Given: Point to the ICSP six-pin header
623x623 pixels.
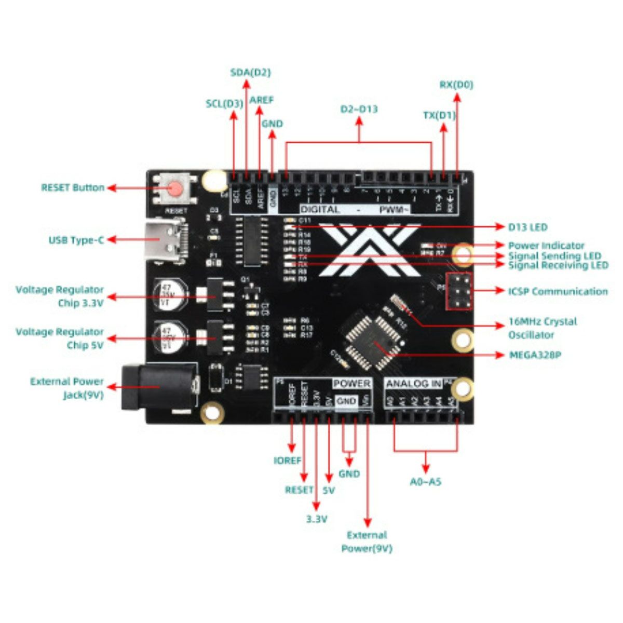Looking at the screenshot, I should click(x=459, y=291).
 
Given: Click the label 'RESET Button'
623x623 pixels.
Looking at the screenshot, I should click(x=73, y=187).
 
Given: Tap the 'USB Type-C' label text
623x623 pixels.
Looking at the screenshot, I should click(x=76, y=240).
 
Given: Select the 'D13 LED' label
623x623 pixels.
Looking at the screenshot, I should click(x=527, y=227).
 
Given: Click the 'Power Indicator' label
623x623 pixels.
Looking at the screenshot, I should click(x=546, y=245).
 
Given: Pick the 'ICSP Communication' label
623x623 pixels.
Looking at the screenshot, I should click(x=558, y=291).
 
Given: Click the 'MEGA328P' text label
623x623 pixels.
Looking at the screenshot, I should click(x=535, y=355).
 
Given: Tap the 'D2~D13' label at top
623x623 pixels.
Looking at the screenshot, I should click(x=359, y=109).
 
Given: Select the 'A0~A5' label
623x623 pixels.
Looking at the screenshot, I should click(x=426, y=482).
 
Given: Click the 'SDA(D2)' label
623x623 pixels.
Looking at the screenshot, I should click(x=250, y=72).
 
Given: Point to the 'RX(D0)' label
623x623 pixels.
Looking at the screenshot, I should click(x=456, y=84).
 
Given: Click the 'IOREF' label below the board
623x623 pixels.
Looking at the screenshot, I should click(x=287, y=461).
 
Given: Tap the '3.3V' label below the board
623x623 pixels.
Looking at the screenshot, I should click(x=317, y=519).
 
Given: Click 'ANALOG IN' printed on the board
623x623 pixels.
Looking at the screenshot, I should click(x=414, y=384).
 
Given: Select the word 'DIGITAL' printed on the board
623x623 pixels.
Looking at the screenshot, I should click(x=320, y=209).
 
